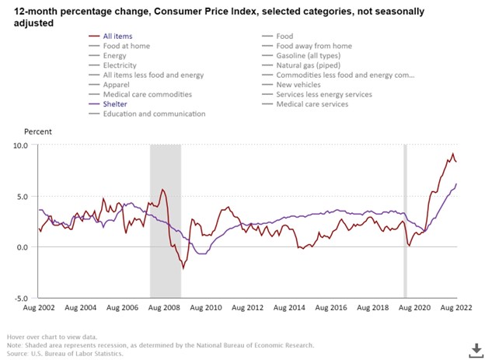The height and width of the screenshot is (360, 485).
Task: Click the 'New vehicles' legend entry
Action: [x=299, y=84]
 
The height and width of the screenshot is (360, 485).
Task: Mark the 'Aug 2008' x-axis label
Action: [x=163, y=308]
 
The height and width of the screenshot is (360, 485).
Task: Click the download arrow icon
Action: [x=472, y=348]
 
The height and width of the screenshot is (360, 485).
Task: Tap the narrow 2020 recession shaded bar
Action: [x=404, y=222]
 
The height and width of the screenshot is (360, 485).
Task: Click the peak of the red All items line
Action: [x=453, y=154]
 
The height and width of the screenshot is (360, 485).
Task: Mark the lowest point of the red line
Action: [x=183, y=268]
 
